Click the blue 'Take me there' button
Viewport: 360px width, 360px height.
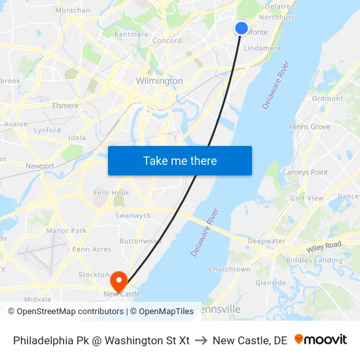[180, 160]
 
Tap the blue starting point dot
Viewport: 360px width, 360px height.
[242, 28]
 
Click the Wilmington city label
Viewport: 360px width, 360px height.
[159, 81]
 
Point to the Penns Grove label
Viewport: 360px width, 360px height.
[309, 126]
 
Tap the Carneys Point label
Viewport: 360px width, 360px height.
[305, 172]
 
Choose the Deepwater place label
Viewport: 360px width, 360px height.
[266, 241]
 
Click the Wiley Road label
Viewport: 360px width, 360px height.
[324, 247]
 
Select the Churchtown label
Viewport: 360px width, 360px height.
[229, 269]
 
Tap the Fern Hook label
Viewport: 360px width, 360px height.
[111, 192]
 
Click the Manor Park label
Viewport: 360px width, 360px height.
[66, 231]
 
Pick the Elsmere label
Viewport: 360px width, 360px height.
[65, 105]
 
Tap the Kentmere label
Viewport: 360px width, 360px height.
[131, 34]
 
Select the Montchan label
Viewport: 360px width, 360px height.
[73, 10]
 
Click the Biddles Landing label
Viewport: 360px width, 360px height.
[318, 260]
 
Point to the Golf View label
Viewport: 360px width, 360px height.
[306, 198]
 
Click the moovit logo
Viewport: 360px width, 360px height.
[321, 340]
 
